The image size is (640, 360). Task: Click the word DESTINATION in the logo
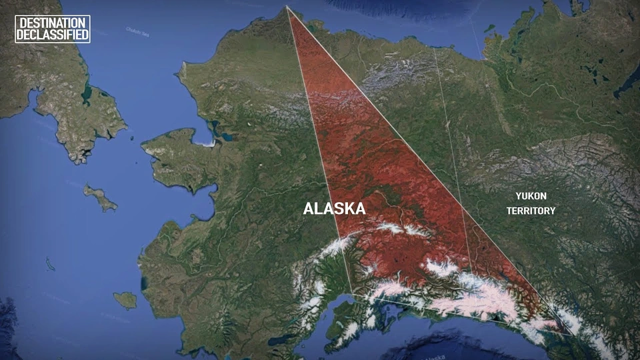point(52,23)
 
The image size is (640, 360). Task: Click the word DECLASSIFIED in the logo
point(52,35)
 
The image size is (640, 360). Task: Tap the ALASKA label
point(334,209)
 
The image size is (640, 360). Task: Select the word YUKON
point(530,197)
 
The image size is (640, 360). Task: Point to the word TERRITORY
point(530,211)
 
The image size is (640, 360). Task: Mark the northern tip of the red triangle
point(287,7)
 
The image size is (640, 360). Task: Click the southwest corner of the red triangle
point(352,293)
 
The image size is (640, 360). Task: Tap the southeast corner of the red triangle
point(571,332)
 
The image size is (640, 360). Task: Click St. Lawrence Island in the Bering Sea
point(100,197)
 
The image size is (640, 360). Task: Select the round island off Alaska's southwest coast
point(125,300)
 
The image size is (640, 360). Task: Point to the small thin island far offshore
point(50,264)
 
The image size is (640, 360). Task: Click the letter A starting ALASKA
point(309,209)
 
